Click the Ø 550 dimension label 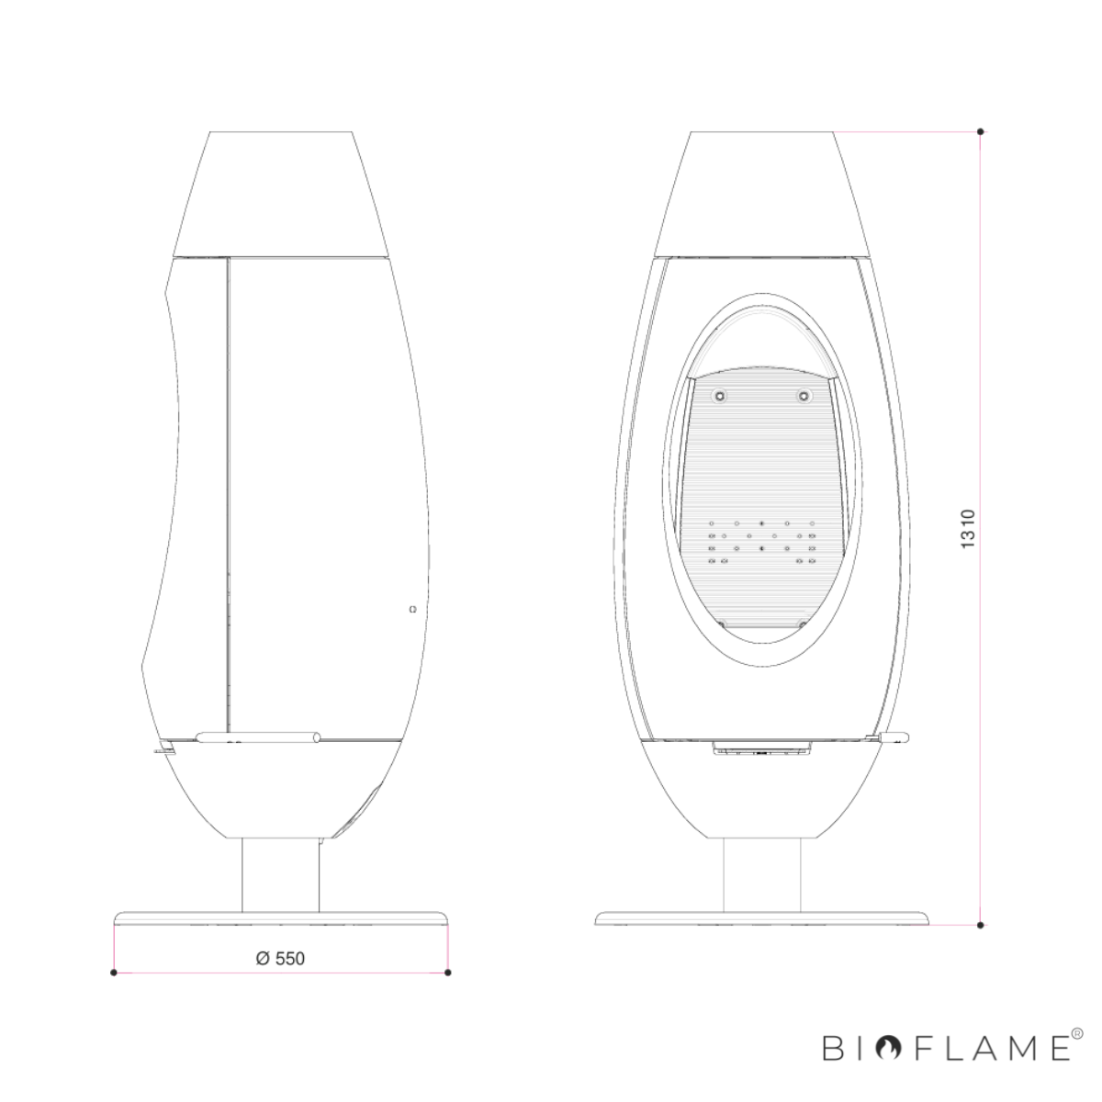[x=280, y=959]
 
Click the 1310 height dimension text [x=967, y=529]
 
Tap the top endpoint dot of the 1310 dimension [x=980, y=131]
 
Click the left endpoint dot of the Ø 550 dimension [x=113, y=973]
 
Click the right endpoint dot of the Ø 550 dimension [x=448, y=973]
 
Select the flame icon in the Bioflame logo [x=889, y=1047]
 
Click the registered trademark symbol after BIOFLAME [x=1077, y=1033]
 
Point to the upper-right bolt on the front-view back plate [x=804, y=396]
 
